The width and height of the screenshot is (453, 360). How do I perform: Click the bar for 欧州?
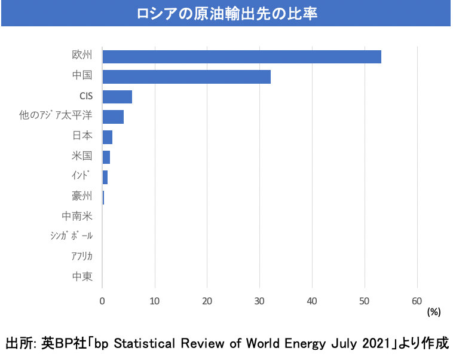point(241,57)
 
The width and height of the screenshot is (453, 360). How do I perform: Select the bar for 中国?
point(186,77)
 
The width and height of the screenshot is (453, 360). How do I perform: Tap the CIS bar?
point(117,97)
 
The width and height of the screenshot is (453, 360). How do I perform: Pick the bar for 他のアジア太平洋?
point(113,117)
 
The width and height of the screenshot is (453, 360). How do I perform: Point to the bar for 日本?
point(108,137)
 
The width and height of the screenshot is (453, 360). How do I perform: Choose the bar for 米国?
point(106,157)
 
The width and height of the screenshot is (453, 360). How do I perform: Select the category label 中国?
point(82,77)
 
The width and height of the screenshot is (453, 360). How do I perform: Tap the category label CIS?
point(86,96)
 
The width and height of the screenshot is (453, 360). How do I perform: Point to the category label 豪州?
point(82,197)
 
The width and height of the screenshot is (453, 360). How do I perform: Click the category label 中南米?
point(77,216)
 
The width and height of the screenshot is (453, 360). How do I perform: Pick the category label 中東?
point(82,277)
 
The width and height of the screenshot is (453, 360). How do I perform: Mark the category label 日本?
point(82,136)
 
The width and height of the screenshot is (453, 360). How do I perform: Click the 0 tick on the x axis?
point(102,300)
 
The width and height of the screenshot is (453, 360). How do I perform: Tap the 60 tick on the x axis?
point(417,300)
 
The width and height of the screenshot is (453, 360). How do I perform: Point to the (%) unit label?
point(433,312)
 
